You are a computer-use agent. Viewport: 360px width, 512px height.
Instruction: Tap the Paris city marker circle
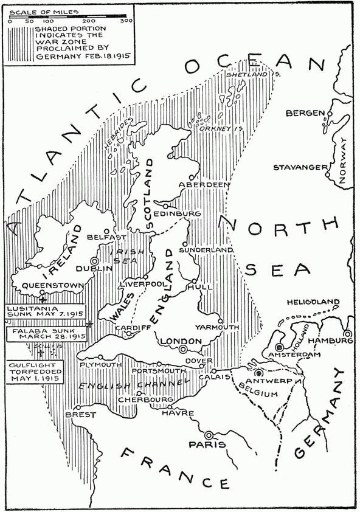[x=209, y=435]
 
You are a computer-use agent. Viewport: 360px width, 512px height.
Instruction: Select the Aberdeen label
[x=204, y=184]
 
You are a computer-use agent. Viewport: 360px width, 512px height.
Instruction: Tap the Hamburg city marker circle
[x=347, y=334]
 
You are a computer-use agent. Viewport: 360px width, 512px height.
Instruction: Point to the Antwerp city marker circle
[x=259, y=373]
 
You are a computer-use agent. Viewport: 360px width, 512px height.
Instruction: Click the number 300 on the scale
[x=126, y=21]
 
